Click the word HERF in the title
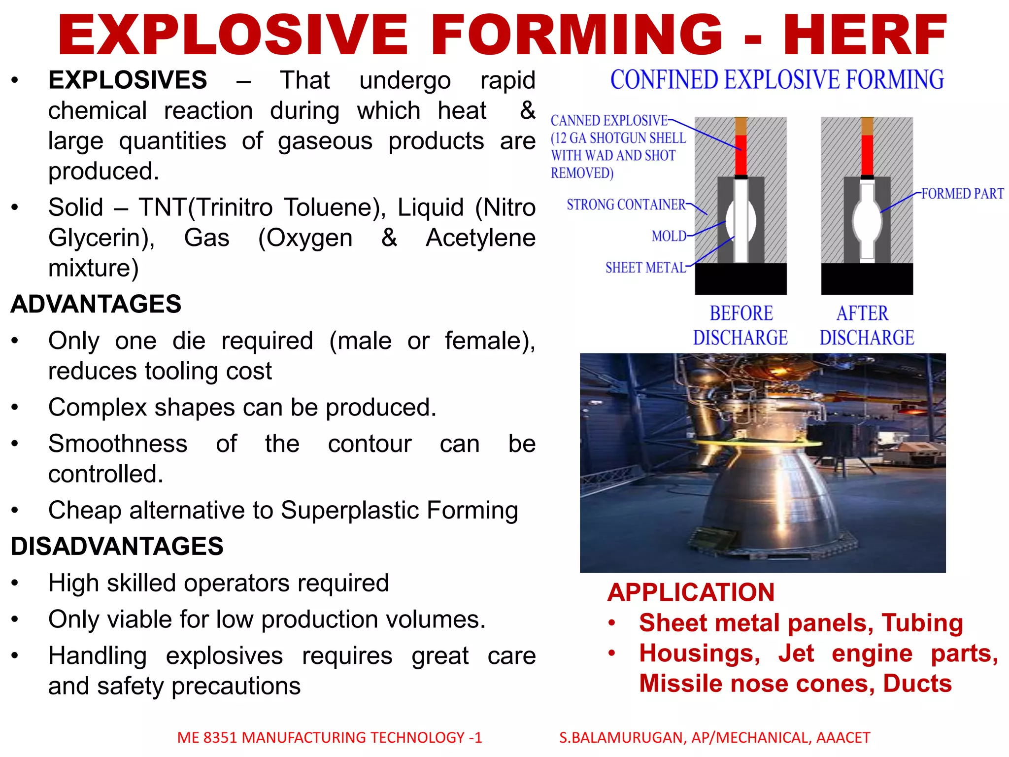pos(865,35)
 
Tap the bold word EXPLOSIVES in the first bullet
pos(128,80)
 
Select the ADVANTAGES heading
pos(96,304)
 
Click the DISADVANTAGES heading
pos(117,547)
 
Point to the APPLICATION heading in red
pos(691,592)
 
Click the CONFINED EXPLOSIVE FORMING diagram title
pos(777,80)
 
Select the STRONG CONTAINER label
pos(626,205)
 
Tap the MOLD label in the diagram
pos(669,237)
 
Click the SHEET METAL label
pos(645,268)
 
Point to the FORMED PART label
pos(962,194)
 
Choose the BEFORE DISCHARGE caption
pos(740,325)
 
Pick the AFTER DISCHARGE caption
pos(867,325)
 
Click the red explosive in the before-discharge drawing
pos(740,154)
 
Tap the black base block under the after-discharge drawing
pos(867,278)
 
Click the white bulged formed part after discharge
pos(867,219)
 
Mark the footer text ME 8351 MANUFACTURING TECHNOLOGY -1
pos(329,737)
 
